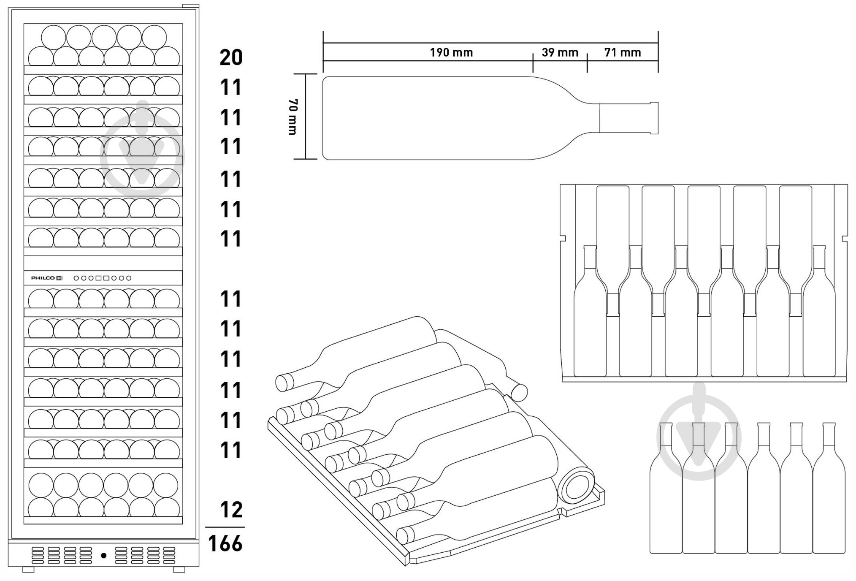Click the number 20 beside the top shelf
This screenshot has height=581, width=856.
coord(231,57)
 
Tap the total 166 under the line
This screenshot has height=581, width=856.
coord(225,543)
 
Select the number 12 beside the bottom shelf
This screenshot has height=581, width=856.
coord(231,510)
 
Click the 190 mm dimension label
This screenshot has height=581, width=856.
coord(451,52)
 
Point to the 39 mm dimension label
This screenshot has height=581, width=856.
coord(560,52)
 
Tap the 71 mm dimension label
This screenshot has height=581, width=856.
coord(622,52)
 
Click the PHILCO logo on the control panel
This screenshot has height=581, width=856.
coord(43,278)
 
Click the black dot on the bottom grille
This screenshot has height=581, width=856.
coord(103,556)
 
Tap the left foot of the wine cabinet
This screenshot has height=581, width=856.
coord(28,570)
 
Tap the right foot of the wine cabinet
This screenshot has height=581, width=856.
coord(179,570)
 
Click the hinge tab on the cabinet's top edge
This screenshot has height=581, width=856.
coord(190,6)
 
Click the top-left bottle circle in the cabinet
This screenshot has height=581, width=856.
coord(54,37)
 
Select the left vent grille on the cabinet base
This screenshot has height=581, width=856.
coord(62,556)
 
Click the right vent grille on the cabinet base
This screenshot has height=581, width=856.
coord(145,556)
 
